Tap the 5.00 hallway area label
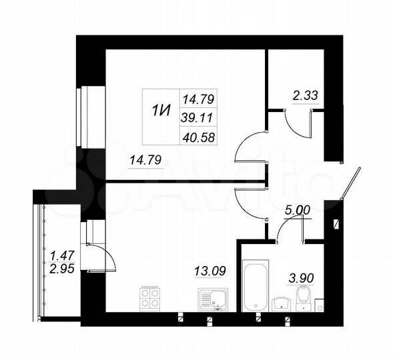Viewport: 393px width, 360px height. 298,209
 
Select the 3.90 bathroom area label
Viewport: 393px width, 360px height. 301,277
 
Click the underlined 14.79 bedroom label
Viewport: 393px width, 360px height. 145,159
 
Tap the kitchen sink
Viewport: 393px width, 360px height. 214,300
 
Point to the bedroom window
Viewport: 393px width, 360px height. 79,117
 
